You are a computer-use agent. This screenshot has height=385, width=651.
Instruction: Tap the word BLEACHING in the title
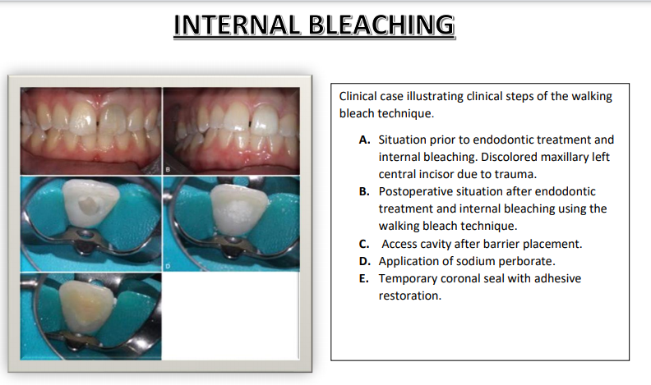pos(382,25)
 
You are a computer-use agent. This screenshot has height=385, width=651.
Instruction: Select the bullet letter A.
pos(364,140)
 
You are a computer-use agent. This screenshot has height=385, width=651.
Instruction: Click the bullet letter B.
pos(364,191)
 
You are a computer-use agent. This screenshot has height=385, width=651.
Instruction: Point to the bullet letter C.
pos(364,244)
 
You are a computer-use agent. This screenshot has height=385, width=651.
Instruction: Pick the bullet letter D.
pos(364,262)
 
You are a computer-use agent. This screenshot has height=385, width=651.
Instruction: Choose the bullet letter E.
pos(363,278)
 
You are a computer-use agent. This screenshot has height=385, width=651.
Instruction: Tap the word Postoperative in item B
pos(418,192)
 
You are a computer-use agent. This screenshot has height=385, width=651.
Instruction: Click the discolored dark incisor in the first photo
pos(113,118)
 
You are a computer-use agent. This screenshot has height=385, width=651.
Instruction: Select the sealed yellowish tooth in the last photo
pos(85,305)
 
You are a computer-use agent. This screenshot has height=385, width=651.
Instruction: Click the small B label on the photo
pos(168,169)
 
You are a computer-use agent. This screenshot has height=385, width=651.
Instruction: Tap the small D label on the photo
pos(168,266)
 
